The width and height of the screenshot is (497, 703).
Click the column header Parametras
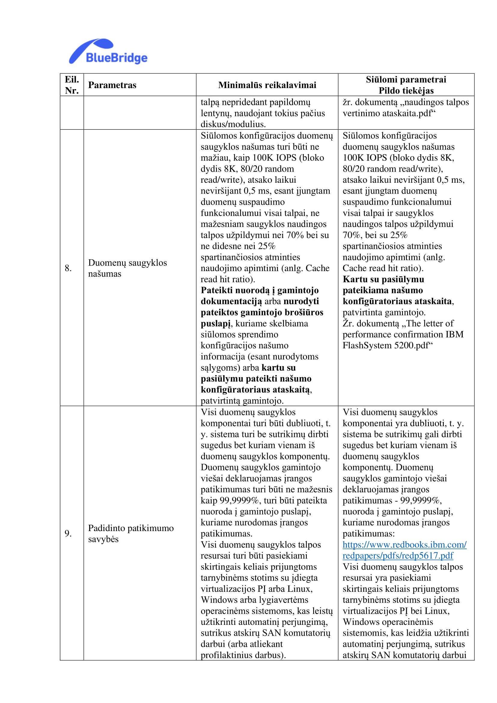tap(112, 85)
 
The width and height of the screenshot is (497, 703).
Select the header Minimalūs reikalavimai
tap(267, 85)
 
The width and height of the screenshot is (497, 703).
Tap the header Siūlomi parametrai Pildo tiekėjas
tap(406, 85)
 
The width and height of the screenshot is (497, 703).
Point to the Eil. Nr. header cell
tap(72, 85)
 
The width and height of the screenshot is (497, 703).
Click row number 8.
tap(68, 268)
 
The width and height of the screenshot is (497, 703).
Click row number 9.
tap(68, 534)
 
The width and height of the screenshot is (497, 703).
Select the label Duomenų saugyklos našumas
tap(127, 268)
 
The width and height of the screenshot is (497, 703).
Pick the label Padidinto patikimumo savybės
tap(131, 534)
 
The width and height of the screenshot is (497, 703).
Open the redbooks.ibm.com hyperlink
tap(404, 550)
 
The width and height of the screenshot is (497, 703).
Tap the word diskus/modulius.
tap(233, 124)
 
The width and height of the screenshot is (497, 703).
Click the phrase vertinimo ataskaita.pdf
tap(389, 113)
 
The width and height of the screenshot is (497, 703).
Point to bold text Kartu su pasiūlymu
tap(383, 279)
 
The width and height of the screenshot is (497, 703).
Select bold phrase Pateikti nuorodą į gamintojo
tap(260, 290)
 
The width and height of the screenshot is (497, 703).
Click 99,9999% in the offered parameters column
tap(421, 501)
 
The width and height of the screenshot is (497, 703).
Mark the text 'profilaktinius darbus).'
tap(243, 655)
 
